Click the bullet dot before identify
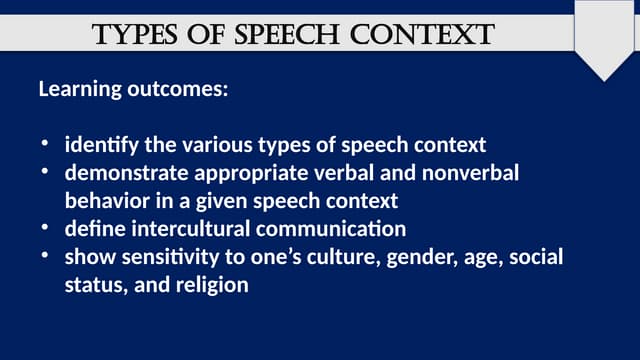click(x=45, y=144)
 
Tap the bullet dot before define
click(x=45, y=228)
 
